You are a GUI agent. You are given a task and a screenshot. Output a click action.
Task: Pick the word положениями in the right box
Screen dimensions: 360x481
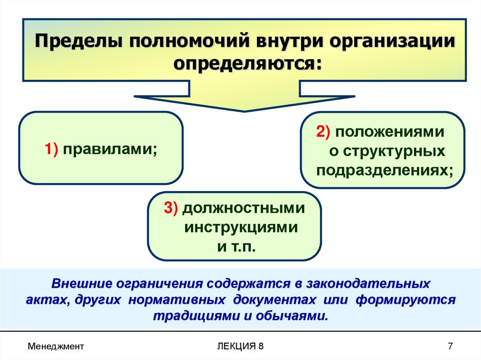[x=389, y=132]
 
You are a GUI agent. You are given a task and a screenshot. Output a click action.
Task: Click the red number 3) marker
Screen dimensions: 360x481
[x=171, y=208]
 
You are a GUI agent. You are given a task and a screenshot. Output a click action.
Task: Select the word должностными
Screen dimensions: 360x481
[x=244, y=208]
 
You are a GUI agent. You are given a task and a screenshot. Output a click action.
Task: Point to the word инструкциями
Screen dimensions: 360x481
[x=240, y=228]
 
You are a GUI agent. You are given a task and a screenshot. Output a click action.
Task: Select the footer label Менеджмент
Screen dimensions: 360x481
[x=55, y=346]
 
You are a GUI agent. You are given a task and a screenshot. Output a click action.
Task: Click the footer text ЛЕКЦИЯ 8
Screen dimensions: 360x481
[x=240, y=346]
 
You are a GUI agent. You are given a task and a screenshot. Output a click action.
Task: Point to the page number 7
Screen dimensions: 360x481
[x=450, y=346]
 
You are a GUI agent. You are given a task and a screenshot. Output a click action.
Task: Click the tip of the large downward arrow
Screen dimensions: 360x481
[x=244, y=111]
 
